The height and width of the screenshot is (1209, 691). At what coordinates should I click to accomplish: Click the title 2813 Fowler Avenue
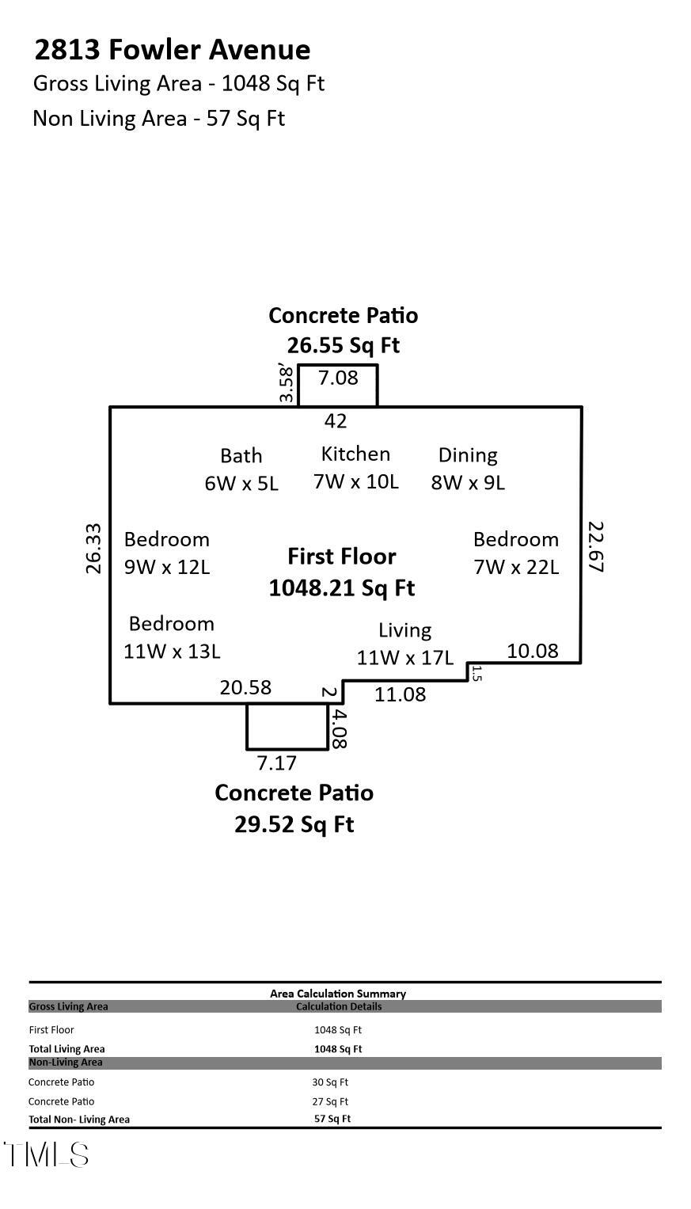tap(172, 50)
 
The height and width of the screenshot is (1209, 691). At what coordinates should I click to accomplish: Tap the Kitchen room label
tap(355, 467)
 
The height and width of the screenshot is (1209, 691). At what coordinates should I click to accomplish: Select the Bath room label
tap(241, 470)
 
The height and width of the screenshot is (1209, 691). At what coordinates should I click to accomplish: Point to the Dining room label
tap(468, 469)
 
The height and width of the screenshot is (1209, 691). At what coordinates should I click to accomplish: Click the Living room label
tap(404, 644)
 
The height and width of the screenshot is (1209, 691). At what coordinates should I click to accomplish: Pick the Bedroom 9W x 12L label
tap(167, 553)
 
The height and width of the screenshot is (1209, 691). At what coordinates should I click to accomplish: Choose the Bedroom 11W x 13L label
tap(172, 637)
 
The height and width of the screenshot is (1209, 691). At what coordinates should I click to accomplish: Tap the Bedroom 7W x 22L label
tap(516, 553)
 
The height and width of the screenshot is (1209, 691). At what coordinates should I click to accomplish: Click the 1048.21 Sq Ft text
tap(342, 588)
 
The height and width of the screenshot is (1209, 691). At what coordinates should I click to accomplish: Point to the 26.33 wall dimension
tap(93, 548)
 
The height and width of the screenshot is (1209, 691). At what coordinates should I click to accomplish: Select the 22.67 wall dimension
tap(596, 546)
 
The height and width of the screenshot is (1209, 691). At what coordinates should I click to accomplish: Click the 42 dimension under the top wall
tap(336, 421)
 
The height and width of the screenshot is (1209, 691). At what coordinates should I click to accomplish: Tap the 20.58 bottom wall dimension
tap(245, 687)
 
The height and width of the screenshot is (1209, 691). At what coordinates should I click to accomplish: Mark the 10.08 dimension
tap(533, 651)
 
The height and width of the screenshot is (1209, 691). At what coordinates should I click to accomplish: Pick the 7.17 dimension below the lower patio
tap(276, 763)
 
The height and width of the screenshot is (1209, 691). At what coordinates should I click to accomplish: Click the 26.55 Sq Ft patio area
tap(344, 345)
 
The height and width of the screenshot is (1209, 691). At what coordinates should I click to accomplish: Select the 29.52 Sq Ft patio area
tap(294, 824)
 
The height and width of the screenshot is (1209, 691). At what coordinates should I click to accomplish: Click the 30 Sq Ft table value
tap(330, 1082)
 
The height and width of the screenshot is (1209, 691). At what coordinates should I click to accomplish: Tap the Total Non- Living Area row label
tap(79, 1120)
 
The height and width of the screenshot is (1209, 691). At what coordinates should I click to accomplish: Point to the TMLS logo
tap(46, 1155)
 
